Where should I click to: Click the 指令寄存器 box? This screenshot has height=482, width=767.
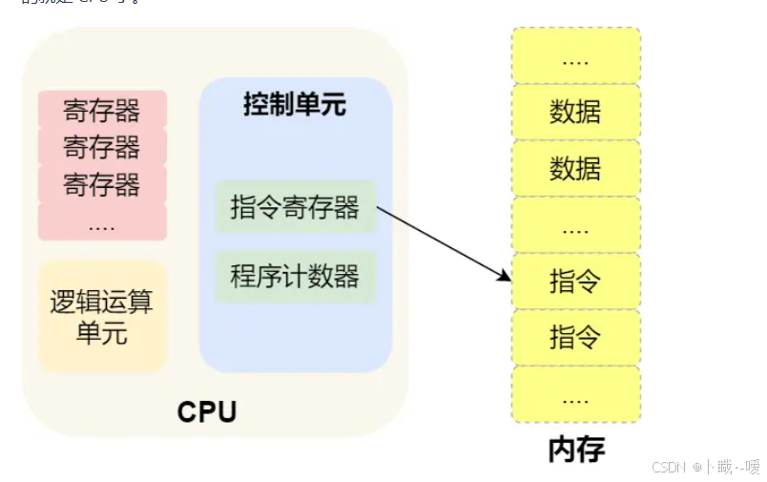295,206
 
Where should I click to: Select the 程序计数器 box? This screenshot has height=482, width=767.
295,277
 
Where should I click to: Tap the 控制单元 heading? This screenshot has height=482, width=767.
294,105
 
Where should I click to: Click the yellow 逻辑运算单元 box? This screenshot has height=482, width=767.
102,317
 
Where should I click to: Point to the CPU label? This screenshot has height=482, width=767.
207,412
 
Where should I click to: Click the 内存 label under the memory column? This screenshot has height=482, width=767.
576,450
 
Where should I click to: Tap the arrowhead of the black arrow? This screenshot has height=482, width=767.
507,277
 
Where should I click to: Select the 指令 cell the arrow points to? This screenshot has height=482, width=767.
575,282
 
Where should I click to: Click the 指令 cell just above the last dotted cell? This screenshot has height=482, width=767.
575,337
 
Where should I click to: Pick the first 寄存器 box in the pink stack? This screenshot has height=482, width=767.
102,111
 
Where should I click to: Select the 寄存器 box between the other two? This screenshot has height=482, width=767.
102,147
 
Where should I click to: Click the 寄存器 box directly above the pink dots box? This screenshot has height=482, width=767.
102,183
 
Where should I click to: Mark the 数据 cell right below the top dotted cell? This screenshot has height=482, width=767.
575,112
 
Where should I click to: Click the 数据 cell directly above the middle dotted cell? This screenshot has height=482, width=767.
575,168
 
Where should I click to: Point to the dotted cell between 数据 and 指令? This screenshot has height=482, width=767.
575,225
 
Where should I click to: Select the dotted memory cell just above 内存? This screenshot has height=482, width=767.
575,394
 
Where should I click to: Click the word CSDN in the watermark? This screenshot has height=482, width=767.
670,468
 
